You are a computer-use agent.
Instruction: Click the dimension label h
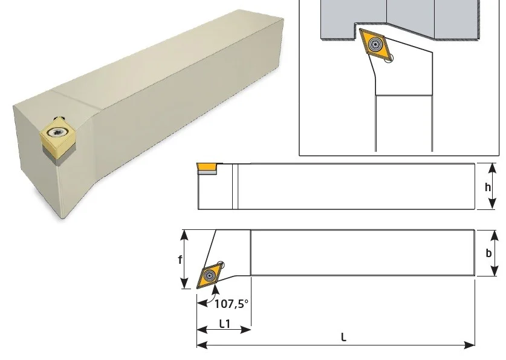(x=488, y=187)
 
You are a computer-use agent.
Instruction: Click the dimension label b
(x=488, y=253)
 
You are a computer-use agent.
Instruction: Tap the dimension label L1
(x=225, y=324)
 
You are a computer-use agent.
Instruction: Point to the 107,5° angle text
(x=232, y=304)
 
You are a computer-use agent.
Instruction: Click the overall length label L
(x=343, y=338)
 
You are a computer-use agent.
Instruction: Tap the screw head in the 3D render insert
(x=58, y=131)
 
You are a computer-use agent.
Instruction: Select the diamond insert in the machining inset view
(x=375, y=44)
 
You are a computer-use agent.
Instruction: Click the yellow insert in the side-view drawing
(x=207, y=167)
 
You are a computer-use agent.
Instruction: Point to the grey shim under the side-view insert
(x=207, y=172)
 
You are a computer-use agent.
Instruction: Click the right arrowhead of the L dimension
(x=469, y=345)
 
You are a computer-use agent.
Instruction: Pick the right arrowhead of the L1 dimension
(x=245, y=330)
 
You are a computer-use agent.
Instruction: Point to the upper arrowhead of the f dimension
(x=184, y=235)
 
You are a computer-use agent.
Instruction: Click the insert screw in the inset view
(x=375, y=44)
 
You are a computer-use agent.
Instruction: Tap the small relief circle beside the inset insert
(x=389, y=58)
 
